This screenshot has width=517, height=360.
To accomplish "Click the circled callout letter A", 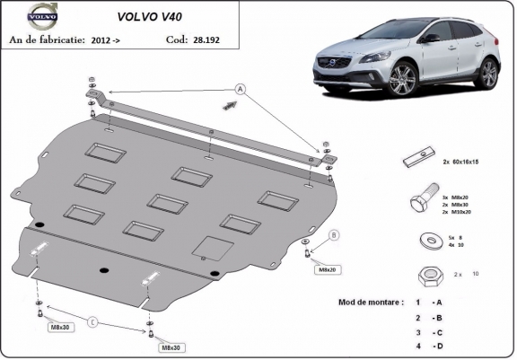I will click(241, 88).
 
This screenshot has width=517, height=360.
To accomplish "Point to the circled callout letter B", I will click(334, 235).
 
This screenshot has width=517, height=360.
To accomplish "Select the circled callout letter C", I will click(92, 320).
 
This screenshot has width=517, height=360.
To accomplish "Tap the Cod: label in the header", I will click(177, 40).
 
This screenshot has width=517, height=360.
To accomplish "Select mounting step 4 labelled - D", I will click(430, 345).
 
